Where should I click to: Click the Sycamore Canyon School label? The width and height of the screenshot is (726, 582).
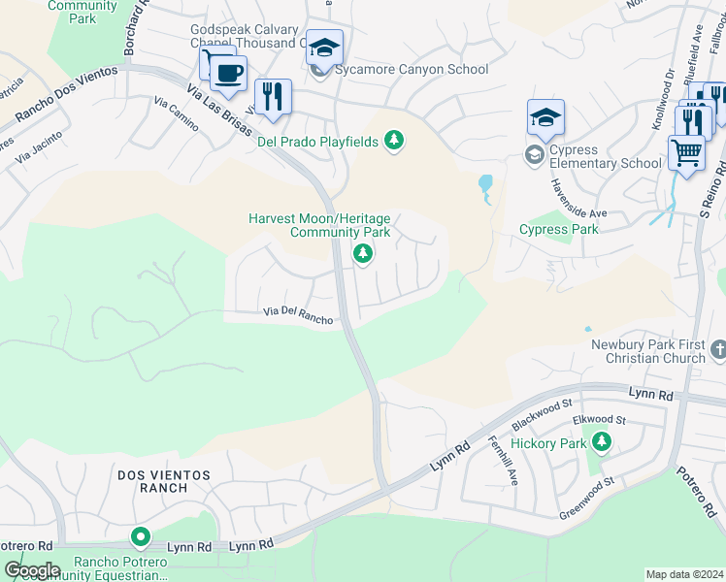pos(412,70)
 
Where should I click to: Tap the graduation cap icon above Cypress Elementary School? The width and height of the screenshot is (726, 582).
pos(545,117)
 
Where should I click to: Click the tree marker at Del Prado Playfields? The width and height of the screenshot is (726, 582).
pos(393,142)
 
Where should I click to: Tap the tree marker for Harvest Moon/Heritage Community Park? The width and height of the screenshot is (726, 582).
pos(363,254)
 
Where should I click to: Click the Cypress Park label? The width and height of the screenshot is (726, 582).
pos(559,230)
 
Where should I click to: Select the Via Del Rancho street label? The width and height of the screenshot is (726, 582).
pos(299,314)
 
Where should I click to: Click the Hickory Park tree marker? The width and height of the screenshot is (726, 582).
pos(602,443)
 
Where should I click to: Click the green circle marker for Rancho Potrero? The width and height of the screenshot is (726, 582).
pos(142,536)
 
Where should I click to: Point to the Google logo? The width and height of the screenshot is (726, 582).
pos(31,570)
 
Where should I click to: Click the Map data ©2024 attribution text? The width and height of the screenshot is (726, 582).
pos(684,574)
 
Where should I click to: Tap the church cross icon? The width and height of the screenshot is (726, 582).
pos(717,348)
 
